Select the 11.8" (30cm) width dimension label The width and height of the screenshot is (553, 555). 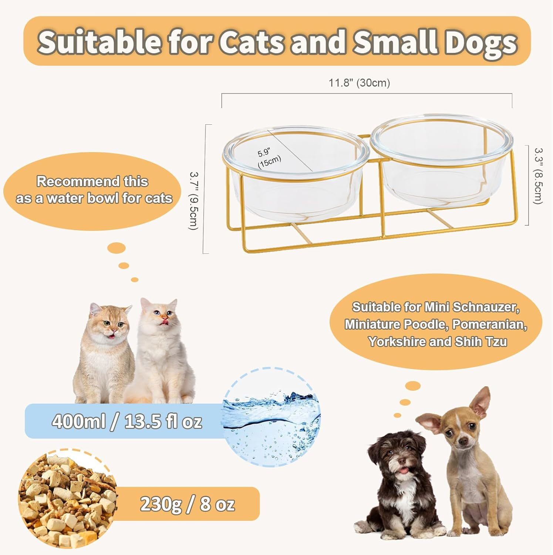click(359, 83)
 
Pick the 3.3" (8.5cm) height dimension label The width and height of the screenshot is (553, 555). click(538, 176)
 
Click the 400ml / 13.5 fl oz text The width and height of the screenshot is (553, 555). click(127, 421)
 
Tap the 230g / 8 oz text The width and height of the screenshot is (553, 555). click(187, 504)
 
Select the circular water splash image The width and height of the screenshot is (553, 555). click(272, 417)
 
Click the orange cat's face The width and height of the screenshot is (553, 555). click(112, 326)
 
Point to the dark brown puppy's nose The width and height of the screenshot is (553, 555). click(402, 462)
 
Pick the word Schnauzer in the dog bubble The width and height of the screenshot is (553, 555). click(486, 307)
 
